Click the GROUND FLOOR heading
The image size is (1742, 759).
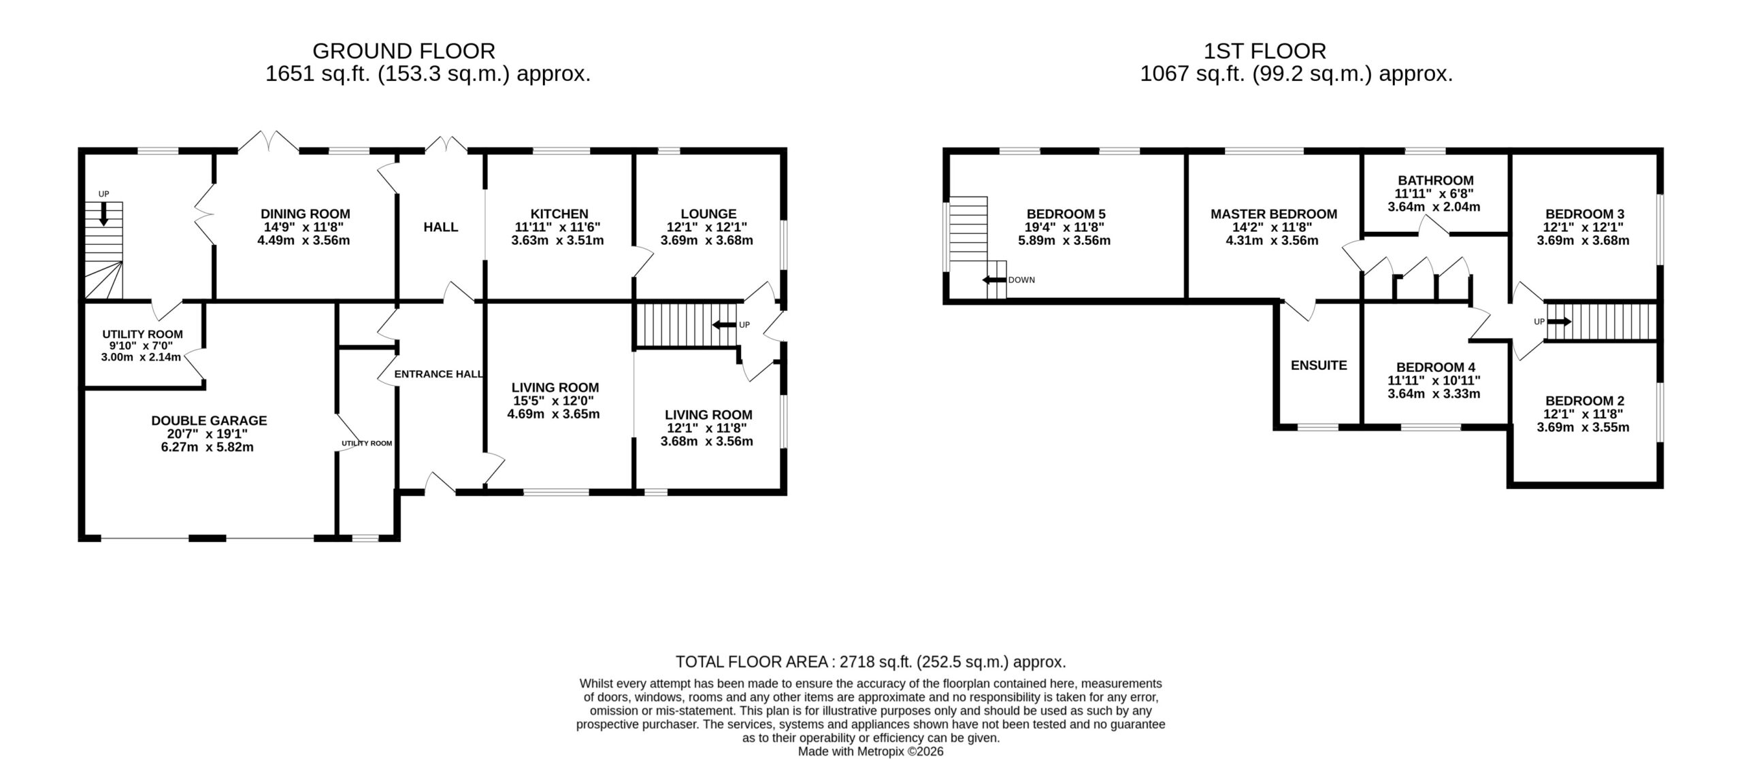(404, 51)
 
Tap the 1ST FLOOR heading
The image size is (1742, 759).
(1265, 51)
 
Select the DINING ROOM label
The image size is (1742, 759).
(306, 214)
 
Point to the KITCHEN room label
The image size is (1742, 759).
(560, 214)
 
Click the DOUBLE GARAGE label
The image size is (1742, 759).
(209, 421)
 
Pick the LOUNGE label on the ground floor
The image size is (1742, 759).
(708, 214)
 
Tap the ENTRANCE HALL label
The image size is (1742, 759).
(439, 374)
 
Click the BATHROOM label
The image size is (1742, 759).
(1436, 180)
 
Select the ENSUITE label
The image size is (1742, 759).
(1319, 365)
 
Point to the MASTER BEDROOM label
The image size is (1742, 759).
(1274, 214)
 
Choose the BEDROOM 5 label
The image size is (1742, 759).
(1066, 214)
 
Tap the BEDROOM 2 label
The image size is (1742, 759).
(1584, 401)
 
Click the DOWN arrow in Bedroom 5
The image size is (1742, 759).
(994, 280)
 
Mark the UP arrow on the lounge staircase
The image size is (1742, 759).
(724, 325)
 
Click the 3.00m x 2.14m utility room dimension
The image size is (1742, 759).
(142, 357)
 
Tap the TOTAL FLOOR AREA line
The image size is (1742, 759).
(871, 662)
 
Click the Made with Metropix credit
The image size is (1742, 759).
(871, 752)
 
